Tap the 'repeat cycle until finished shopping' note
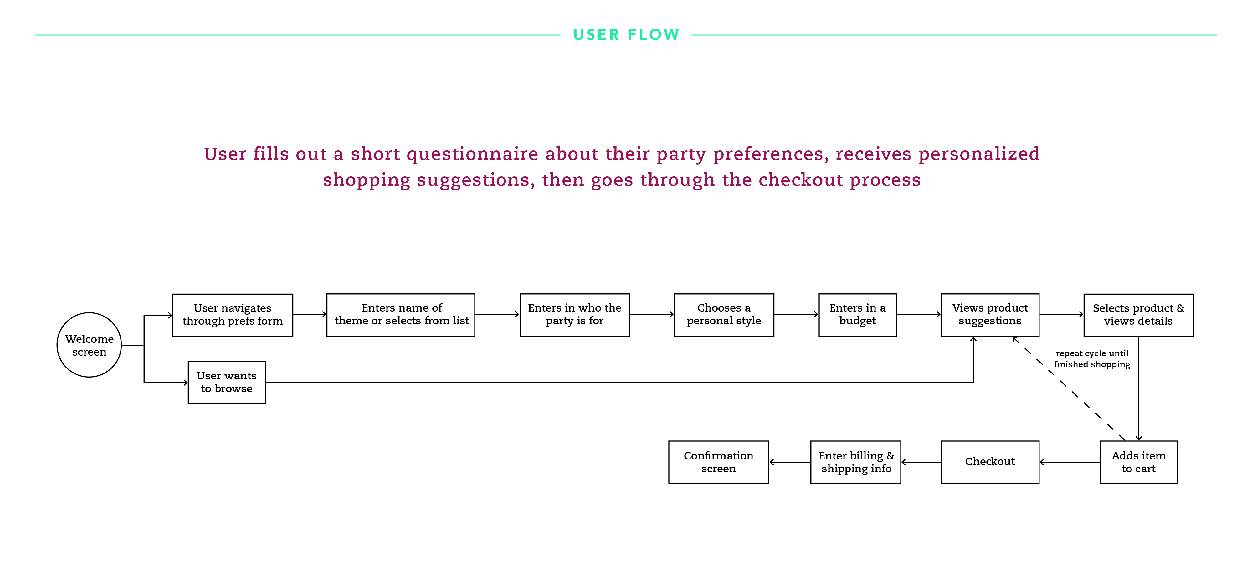1092,358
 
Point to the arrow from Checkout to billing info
921,462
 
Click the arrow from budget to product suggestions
919,314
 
